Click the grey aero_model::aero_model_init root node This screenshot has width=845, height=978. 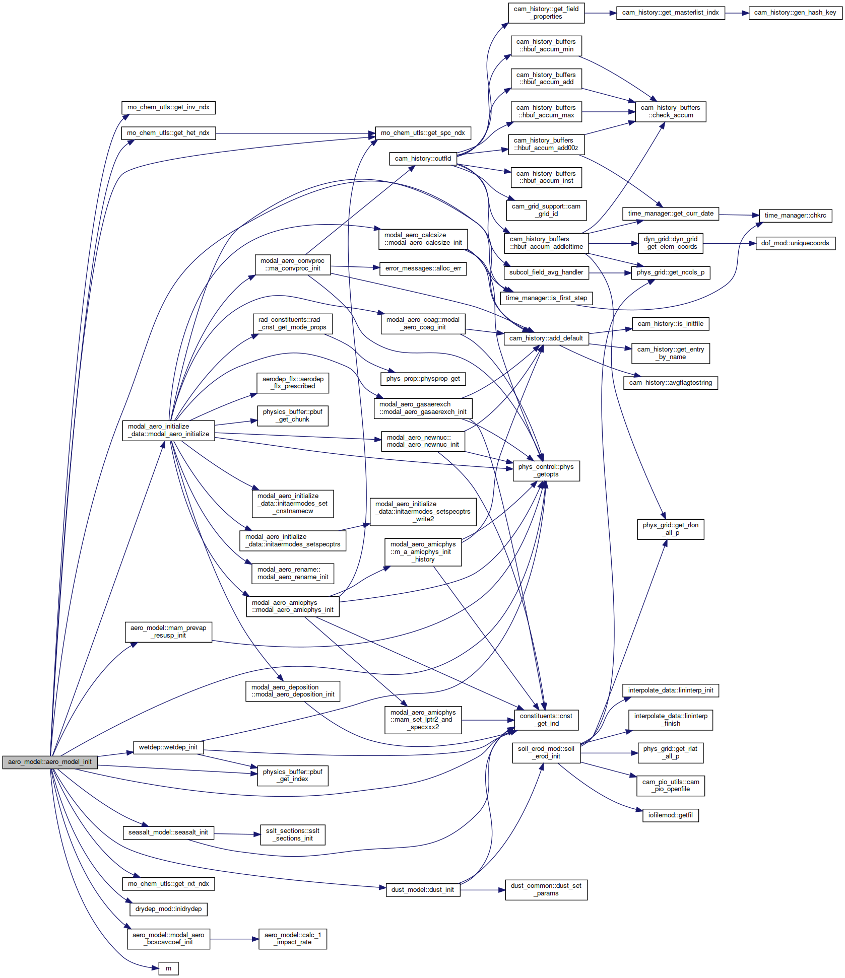pos(50,762)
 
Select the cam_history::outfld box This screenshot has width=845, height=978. pos(423,159)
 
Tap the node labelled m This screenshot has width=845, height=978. pos(168,968)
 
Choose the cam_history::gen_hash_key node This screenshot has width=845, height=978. pos(795,13)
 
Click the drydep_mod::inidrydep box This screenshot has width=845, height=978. pos(168,909)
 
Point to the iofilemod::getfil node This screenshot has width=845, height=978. pos(670,815)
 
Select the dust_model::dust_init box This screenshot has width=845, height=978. pos(423,890)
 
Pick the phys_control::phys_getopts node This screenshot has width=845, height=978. pos(546,470)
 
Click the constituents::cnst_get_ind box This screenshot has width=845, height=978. pos(546,720)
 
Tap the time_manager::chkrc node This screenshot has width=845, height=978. pos(795,216)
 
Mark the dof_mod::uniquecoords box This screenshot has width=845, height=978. pos(795,243)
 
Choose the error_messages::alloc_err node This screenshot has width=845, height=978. pos(423,268)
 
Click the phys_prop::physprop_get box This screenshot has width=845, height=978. pos(423,379)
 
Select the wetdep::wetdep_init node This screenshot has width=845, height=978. pos(168,747)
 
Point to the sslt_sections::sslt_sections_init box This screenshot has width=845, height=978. pos(293,834)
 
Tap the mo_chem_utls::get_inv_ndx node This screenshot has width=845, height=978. pos(168,107)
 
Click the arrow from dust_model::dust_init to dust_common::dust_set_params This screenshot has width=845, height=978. pos(483,890)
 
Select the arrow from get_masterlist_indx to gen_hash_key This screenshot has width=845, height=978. pos(737,13)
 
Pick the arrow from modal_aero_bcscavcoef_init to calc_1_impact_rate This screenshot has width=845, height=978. pos(234,939)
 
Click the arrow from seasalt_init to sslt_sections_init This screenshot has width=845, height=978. pos(237,834)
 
